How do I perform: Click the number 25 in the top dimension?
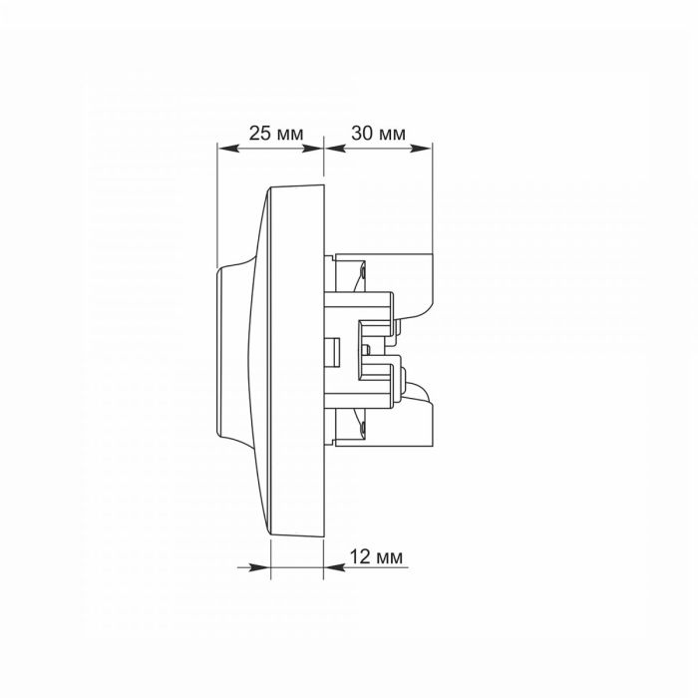click(x=259, y=133)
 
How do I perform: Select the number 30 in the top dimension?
click(x=362, y=133)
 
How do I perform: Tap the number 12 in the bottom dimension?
click(x=360, y=556)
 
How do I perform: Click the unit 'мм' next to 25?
click(x=290, y=135)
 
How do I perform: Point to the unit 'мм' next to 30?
click(x=392, y=135)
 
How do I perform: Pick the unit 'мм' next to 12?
click(x=389, y=557)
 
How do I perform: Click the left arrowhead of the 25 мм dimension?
click(x=228, y=148)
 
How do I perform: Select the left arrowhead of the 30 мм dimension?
click(x=335, y=148)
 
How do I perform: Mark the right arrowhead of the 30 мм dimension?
click(x=421, y=148)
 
